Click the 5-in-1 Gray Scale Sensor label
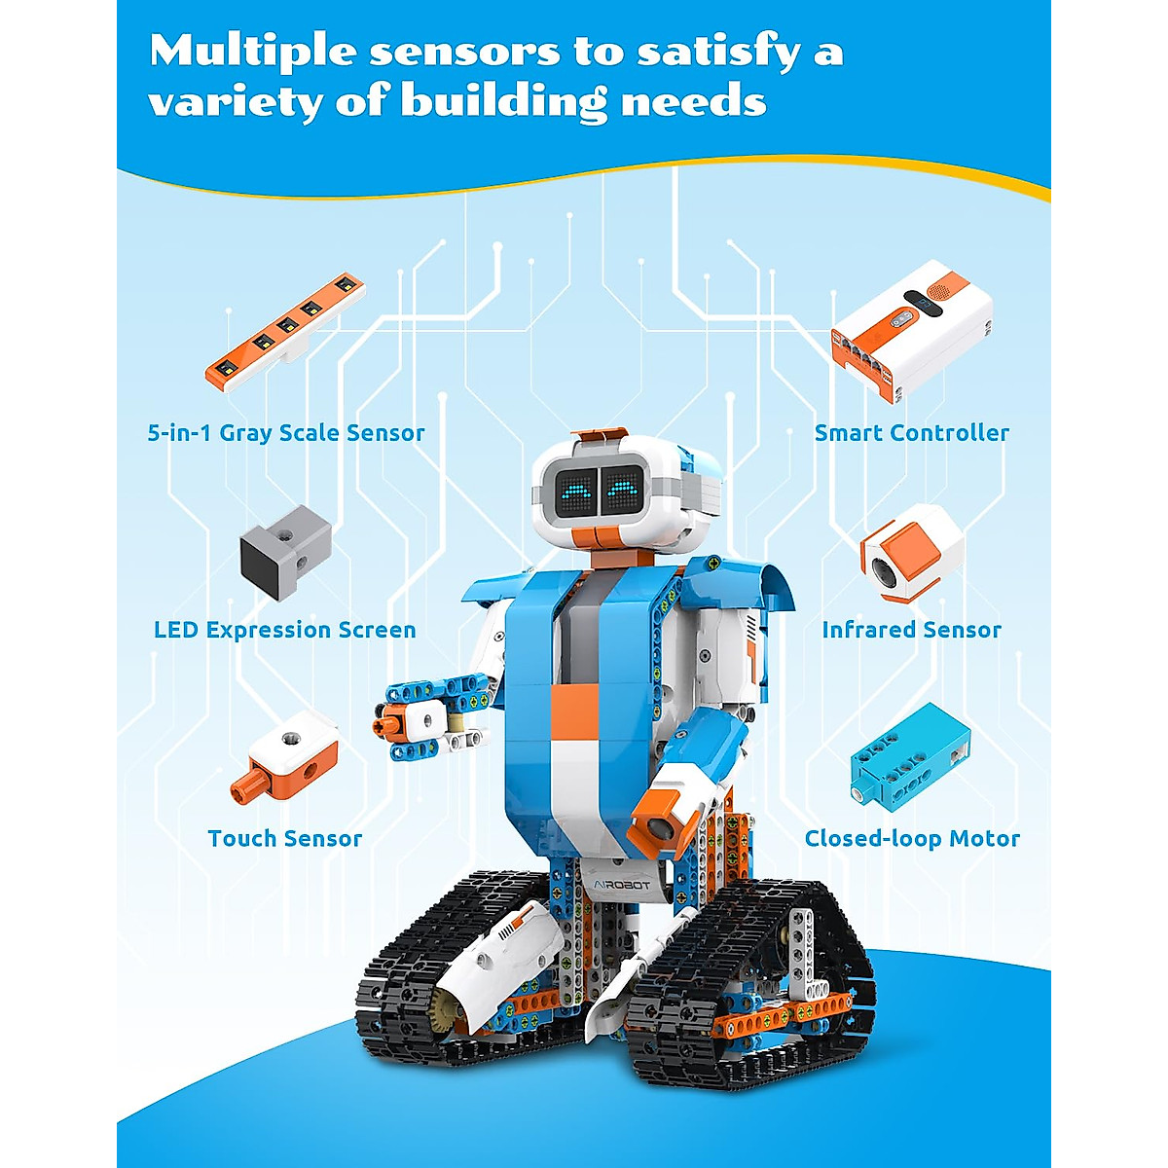click(285, 433)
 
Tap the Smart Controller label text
click(911, 433)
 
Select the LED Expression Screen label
click(284, 630)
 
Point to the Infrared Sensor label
click(911, 630)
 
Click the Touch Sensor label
click(284, 838)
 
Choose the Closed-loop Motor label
click(912, 838)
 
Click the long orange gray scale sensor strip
click(284, 332)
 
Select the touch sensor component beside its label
click(286, 755)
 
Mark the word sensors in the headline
click(464, 51)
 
